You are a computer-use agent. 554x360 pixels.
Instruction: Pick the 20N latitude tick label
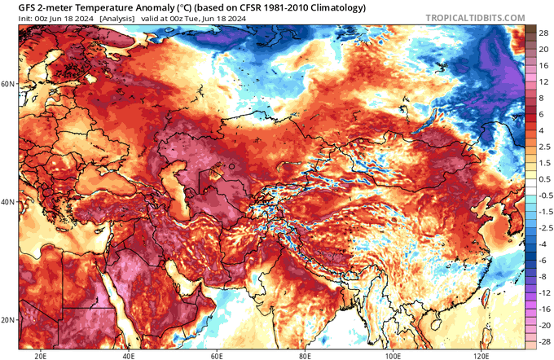click(x=9, y=318)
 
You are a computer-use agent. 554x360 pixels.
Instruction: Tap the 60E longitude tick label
click(x=218, y=355)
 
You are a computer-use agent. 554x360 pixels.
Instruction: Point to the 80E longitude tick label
click(x=306, y=355)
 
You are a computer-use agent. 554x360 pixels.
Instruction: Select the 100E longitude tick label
click(x=394, y=355)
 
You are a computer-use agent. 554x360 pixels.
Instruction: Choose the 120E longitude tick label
click(x=481, y=355)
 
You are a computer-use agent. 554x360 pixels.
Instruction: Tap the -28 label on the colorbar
click(x=540, y=346)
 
